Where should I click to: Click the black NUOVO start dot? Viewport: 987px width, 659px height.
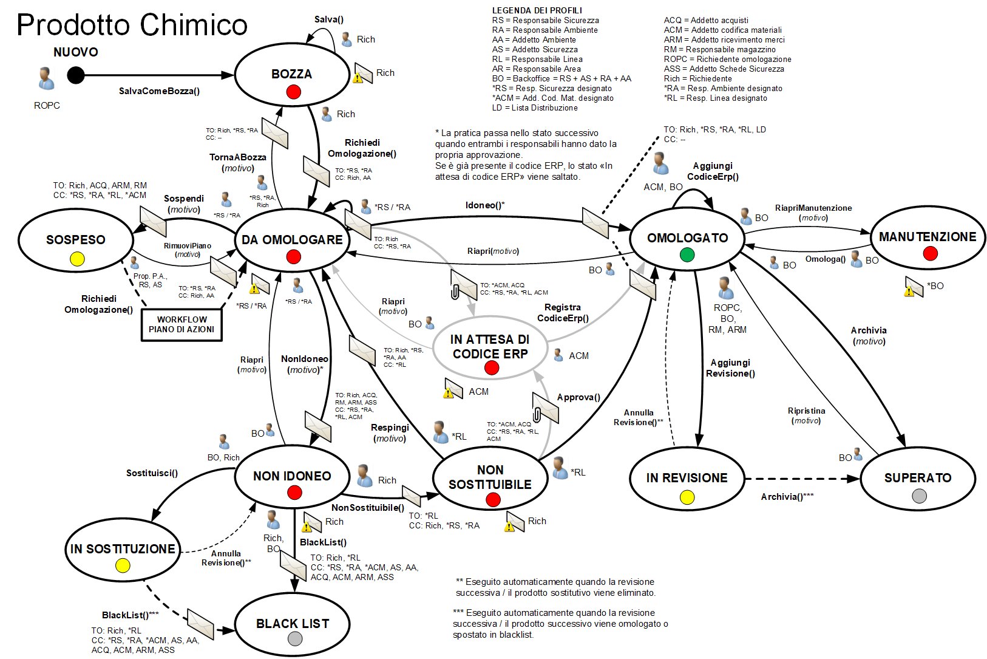76,75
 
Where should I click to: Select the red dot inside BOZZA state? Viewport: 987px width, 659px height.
294,92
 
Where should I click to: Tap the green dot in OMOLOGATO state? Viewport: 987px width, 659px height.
687,254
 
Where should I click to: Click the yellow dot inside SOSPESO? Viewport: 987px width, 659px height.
77,259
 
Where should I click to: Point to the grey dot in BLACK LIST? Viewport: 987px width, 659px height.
295,638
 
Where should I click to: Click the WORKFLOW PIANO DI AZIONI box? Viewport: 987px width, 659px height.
181,324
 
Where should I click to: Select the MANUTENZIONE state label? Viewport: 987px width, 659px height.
928,237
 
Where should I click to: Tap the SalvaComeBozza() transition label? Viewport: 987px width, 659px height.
159,91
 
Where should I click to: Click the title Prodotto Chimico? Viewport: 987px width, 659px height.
132,26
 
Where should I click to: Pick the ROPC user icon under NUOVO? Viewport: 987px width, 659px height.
46,78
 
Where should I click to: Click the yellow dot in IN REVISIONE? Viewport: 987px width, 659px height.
687,497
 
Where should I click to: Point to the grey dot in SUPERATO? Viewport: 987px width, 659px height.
920,496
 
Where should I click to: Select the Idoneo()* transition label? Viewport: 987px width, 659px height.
485,205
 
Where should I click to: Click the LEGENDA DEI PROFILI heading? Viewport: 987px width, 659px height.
537,10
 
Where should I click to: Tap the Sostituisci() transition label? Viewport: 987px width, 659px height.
152,473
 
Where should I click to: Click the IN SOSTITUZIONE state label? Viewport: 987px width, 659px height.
123,549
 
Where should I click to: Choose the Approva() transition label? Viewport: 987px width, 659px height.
578,397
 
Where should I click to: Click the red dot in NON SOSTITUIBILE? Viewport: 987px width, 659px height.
493,499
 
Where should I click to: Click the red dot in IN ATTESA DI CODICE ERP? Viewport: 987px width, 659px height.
492,367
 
